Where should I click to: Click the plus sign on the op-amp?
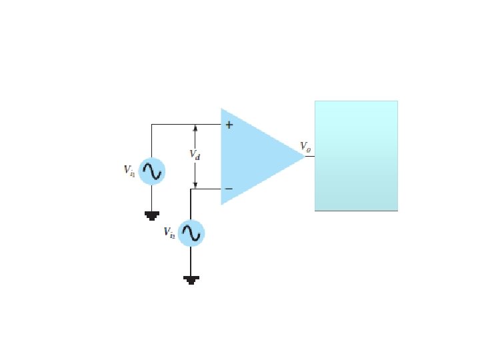[228, 125]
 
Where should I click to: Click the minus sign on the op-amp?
[228, 189]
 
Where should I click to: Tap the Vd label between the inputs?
[195, 155]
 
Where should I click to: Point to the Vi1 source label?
[130, 171]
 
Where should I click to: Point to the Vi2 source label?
[169, 232]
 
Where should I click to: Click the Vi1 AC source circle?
[151, 171]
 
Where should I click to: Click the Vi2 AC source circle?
[191, 233]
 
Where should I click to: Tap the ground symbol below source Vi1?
[151, 215]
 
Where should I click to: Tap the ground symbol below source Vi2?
[191, 279]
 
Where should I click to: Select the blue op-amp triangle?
[257, 157]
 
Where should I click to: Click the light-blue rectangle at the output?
[356, 155]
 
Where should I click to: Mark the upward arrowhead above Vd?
[195, 128]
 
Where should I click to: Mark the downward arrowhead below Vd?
[195, 185]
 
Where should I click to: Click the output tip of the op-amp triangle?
[305, 156]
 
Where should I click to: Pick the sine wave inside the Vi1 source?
[151, 171]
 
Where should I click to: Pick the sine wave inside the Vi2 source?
[191, 233]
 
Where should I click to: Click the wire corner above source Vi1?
[151, 125]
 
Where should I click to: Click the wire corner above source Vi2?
[191, 189]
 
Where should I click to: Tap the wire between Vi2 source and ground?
[191, 261]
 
